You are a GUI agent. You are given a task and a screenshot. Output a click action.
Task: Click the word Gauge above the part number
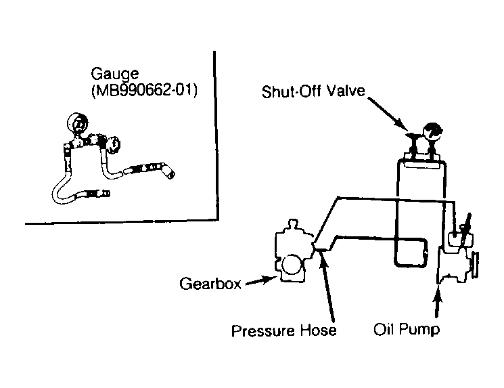115,74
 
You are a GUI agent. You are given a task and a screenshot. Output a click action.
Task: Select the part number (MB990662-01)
144,90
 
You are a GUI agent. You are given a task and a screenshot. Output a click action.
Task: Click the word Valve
346,91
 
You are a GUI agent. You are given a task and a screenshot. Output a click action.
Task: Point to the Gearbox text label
210,284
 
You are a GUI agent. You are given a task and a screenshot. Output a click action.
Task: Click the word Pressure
263,330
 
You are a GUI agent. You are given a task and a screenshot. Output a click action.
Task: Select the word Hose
318,330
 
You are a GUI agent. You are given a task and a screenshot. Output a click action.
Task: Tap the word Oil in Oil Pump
382,329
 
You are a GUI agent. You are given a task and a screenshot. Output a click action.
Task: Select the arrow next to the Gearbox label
261,281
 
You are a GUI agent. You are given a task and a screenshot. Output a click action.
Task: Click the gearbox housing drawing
293,252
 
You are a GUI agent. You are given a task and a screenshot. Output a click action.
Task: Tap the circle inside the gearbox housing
292,265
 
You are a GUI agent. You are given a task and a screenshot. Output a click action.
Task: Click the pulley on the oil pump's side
474,265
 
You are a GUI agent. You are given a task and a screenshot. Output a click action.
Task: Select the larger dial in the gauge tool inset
78,123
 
